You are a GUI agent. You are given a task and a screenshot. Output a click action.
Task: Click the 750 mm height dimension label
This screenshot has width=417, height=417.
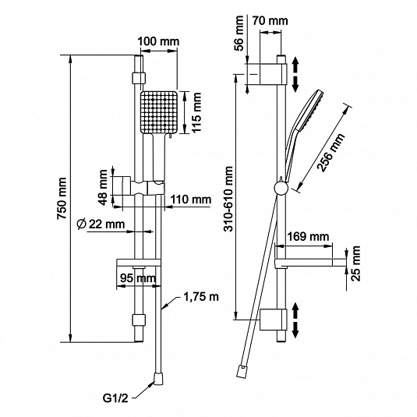pyautogui.click(x=62, y=198)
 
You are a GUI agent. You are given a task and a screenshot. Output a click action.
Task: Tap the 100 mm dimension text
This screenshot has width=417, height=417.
pyautogui.click(x=158, y=41)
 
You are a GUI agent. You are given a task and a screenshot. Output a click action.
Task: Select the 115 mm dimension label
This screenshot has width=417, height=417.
pyautogui.click(x=196, y=112)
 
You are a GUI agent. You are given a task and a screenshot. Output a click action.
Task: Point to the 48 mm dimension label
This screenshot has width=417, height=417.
pyautogui.click(x=103, y=187)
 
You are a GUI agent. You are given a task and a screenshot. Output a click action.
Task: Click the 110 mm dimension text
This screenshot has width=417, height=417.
pyautogui.click(x=191, y=200)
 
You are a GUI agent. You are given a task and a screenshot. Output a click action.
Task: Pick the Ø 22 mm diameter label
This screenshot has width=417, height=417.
pyautogui.click(x=101, y=224)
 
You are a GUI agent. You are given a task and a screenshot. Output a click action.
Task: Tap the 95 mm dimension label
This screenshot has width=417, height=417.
pyautogui.click(x=138, y=278)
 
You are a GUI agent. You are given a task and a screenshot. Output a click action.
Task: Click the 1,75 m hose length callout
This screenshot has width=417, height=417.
pyautogui.click(x=201, y=297)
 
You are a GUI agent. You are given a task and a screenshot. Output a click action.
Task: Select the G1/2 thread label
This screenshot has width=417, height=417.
pyautogui.click(x=115, y=398)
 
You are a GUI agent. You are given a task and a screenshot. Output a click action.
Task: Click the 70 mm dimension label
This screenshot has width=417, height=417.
pyautogui.click(x=270, y=21)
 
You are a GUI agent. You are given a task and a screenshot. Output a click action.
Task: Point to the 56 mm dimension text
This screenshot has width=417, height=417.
pyautogui.click(x=239, y=34)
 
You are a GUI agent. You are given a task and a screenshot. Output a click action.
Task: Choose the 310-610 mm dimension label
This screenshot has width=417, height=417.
pyautogui.click(x=228, y=199)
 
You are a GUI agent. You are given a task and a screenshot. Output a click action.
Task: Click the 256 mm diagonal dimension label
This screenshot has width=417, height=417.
pyautogui.click(x=330, y=153)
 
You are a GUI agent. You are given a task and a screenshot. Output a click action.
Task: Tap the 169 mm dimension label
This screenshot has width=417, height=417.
pyautogui.click(x=308, y=236)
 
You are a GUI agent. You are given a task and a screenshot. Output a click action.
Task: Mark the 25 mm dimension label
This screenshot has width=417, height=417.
pyautogui.click(x=355, y=263)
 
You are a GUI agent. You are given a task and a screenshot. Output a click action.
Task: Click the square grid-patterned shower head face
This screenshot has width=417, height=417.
pyautogui.click(x=159, y=112)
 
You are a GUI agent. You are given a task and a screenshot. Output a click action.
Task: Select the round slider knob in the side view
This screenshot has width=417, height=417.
pyautogui.click(x=281, y=189)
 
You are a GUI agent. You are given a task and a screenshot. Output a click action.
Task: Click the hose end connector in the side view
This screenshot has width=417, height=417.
pyautogui.click(x=241, y=371)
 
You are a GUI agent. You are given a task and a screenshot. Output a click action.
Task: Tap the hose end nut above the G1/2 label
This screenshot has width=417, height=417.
pyautogui.click(x=158, y=379)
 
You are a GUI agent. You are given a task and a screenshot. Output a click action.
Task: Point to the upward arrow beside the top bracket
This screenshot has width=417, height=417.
pyautogui.click(x=295, y=65)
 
